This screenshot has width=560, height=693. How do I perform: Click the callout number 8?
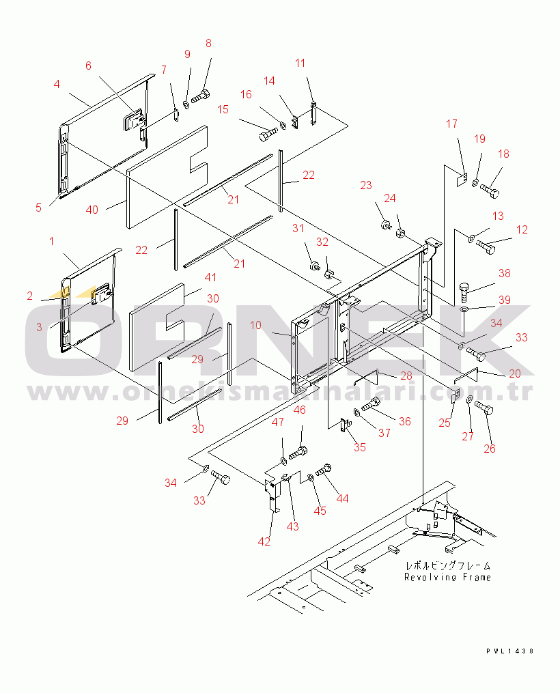208,43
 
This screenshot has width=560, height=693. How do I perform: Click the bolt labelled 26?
483,408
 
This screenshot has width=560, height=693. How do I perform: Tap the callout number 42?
264,541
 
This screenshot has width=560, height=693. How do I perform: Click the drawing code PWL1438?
509,652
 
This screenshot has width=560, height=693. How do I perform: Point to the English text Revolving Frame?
447,577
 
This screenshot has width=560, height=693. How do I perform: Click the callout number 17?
452,124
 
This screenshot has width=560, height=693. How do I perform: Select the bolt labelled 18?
490,190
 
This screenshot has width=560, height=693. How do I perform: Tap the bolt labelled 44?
324,470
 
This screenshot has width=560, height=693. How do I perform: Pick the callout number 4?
57,85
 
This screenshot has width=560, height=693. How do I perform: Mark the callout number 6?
88,66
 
